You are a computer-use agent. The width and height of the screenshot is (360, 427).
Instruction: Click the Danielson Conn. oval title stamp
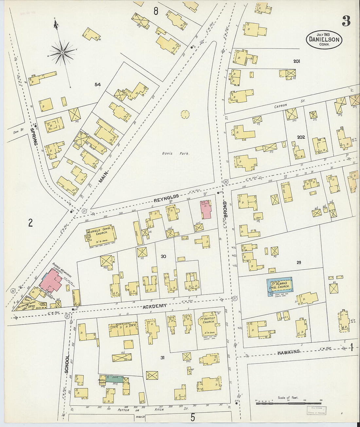pos(324,40)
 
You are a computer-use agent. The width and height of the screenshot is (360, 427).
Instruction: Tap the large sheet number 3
pos(346,21)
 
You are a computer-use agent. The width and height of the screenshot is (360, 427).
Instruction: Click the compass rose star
pos(62,52)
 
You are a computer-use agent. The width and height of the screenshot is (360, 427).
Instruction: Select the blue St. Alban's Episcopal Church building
pos(279,287)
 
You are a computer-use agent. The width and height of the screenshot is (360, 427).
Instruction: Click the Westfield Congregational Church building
pos(101,234)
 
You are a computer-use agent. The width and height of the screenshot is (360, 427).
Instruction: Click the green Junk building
pos(114,379)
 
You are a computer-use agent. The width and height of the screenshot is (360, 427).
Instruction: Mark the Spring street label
pos(33,136)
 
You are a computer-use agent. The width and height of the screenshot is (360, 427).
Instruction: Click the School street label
pos(67,364)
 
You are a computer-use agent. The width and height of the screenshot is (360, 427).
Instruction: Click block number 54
pos(98,85)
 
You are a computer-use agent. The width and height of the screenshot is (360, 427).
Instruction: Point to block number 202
pos(300,137)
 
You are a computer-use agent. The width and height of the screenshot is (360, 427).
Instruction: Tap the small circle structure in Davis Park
pos(185,114)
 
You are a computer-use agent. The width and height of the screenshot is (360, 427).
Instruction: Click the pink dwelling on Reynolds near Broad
pos(206,210)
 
